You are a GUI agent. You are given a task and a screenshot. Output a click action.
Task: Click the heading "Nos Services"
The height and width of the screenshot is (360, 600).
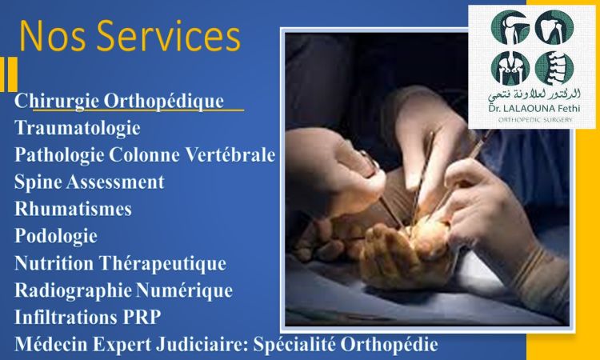[x=130, y=36]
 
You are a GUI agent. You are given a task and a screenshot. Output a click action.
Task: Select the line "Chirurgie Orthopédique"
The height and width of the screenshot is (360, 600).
[x=119, y=102]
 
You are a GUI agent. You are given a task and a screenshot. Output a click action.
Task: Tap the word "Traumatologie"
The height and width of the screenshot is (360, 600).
[x=78, y=128]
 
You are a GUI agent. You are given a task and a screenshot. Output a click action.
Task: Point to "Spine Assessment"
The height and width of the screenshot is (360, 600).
[x=89, y=182]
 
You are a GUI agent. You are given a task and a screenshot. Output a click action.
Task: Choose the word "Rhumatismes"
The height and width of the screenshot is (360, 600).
[x=73, y=209]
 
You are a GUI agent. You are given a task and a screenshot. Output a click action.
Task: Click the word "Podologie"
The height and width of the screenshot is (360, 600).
[x=56, y=236]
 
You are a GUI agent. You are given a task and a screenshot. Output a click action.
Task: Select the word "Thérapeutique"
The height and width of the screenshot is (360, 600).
[x=162, y=263]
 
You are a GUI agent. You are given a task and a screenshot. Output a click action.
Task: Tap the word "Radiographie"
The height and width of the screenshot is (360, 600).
[x=73, y=290]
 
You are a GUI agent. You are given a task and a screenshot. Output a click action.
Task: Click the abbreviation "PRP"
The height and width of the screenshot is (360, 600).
[x=142, y=317]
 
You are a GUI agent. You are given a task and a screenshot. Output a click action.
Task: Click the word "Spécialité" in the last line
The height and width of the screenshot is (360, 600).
[x=294, y=344]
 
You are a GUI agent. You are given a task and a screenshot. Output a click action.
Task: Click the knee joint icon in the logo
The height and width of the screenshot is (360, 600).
[x=510, y=27]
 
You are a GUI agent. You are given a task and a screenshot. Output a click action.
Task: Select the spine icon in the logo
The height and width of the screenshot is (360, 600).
[x=554, y=68]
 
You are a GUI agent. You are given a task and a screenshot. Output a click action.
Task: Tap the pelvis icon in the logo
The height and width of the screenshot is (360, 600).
[x=510, y=68]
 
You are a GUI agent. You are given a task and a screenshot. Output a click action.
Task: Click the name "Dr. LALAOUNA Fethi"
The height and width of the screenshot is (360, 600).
[x=534, y=109]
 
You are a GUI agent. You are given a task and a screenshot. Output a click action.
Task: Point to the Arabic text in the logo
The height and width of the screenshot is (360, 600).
[x=534, y=94]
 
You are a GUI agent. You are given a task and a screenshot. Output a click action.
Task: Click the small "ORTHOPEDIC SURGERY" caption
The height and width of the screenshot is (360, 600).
[x=535, y=120]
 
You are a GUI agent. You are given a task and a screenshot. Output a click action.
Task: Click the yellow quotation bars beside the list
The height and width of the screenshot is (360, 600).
[x=9, y=74]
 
